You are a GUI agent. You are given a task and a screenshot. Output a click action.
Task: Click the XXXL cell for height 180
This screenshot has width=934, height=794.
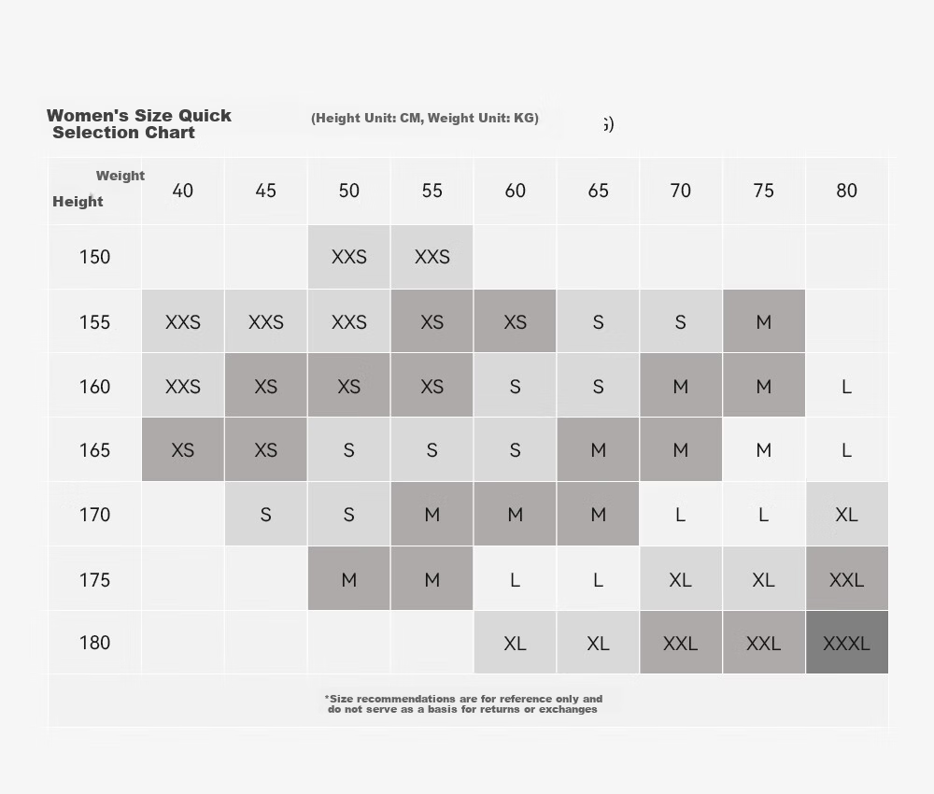846,643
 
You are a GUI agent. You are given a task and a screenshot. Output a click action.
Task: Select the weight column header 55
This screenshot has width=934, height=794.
432,191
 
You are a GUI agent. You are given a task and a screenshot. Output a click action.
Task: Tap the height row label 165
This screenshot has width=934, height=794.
94,449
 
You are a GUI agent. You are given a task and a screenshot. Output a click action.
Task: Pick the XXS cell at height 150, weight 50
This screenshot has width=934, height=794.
349,257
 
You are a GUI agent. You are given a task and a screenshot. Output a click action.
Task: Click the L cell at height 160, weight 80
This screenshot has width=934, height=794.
846,387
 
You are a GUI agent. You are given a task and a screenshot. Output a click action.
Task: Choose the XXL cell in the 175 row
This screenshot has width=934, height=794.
846,579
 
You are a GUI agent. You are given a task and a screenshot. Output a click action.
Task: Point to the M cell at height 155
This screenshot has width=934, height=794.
764,321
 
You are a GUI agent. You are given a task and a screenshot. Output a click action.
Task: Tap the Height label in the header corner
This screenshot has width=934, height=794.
78,202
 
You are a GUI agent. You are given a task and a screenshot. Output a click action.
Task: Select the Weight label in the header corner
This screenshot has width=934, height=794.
120,176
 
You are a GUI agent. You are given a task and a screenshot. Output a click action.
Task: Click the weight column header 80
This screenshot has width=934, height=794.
846,191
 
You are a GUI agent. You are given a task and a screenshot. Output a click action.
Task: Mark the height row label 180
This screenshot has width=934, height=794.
94,643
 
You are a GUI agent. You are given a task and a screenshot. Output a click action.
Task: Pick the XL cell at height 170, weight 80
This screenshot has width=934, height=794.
846,514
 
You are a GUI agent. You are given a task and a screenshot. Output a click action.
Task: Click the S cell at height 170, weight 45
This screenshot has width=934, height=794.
265,514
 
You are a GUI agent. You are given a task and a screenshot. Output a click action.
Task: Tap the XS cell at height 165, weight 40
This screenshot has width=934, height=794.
183,449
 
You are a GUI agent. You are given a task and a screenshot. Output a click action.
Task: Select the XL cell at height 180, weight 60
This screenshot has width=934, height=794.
516,643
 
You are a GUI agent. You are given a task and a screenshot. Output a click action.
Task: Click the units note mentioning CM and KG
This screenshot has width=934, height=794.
425,118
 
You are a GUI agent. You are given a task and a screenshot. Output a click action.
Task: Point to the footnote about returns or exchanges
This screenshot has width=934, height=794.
463,704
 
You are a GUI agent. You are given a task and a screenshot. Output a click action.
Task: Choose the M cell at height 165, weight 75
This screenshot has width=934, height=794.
764,449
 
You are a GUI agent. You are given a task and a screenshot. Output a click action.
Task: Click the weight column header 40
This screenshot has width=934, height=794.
183,191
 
